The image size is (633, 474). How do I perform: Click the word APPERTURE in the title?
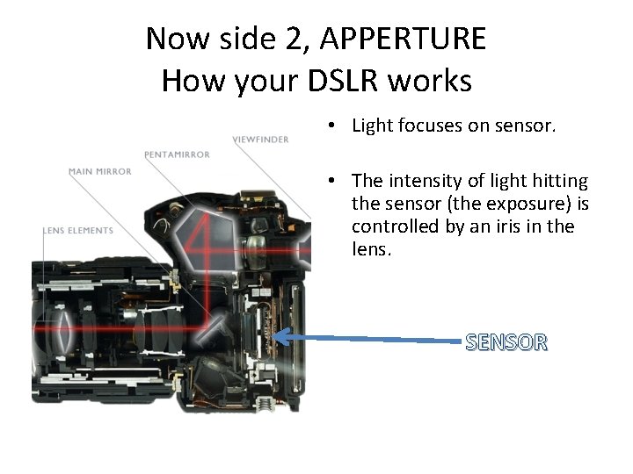(404, 39)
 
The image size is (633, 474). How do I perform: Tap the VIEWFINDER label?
(260, 140)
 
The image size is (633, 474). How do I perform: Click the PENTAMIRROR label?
(177, 154)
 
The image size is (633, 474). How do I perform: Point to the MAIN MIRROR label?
(100, 171)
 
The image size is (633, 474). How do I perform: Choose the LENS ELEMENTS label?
(78, 230)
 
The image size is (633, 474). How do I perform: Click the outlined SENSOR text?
(506, 342)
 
